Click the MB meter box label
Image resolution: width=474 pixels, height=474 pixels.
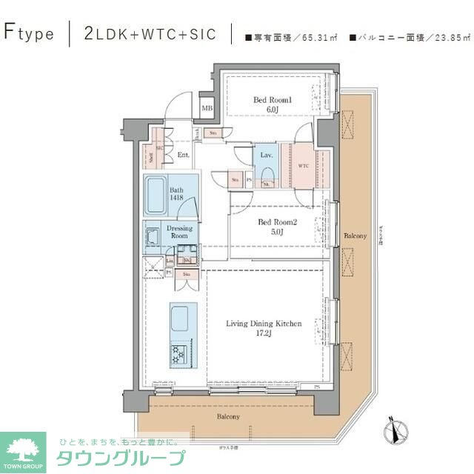pyautogui.click(x=207, y=109)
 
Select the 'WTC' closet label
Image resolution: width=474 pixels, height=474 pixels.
pyautogui.click(x=304, y=166)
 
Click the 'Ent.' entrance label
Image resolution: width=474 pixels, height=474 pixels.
pyautogui.click(x=184, y=155)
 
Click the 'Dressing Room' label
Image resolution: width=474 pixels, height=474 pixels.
pyautogui.click(x=179, y=232)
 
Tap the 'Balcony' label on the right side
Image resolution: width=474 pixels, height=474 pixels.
pyautogui.click(x=355, y=236)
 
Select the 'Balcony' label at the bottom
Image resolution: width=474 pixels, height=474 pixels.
pyautogui.click(x=228, y=417)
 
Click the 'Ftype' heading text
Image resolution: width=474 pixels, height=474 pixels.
pyautogui.click(x=29, y=33)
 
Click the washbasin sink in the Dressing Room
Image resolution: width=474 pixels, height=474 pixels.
pyautogui.click(x=153, y=236)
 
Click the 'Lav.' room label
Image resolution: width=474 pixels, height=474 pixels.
pyautogui.click(x=265, y=155)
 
